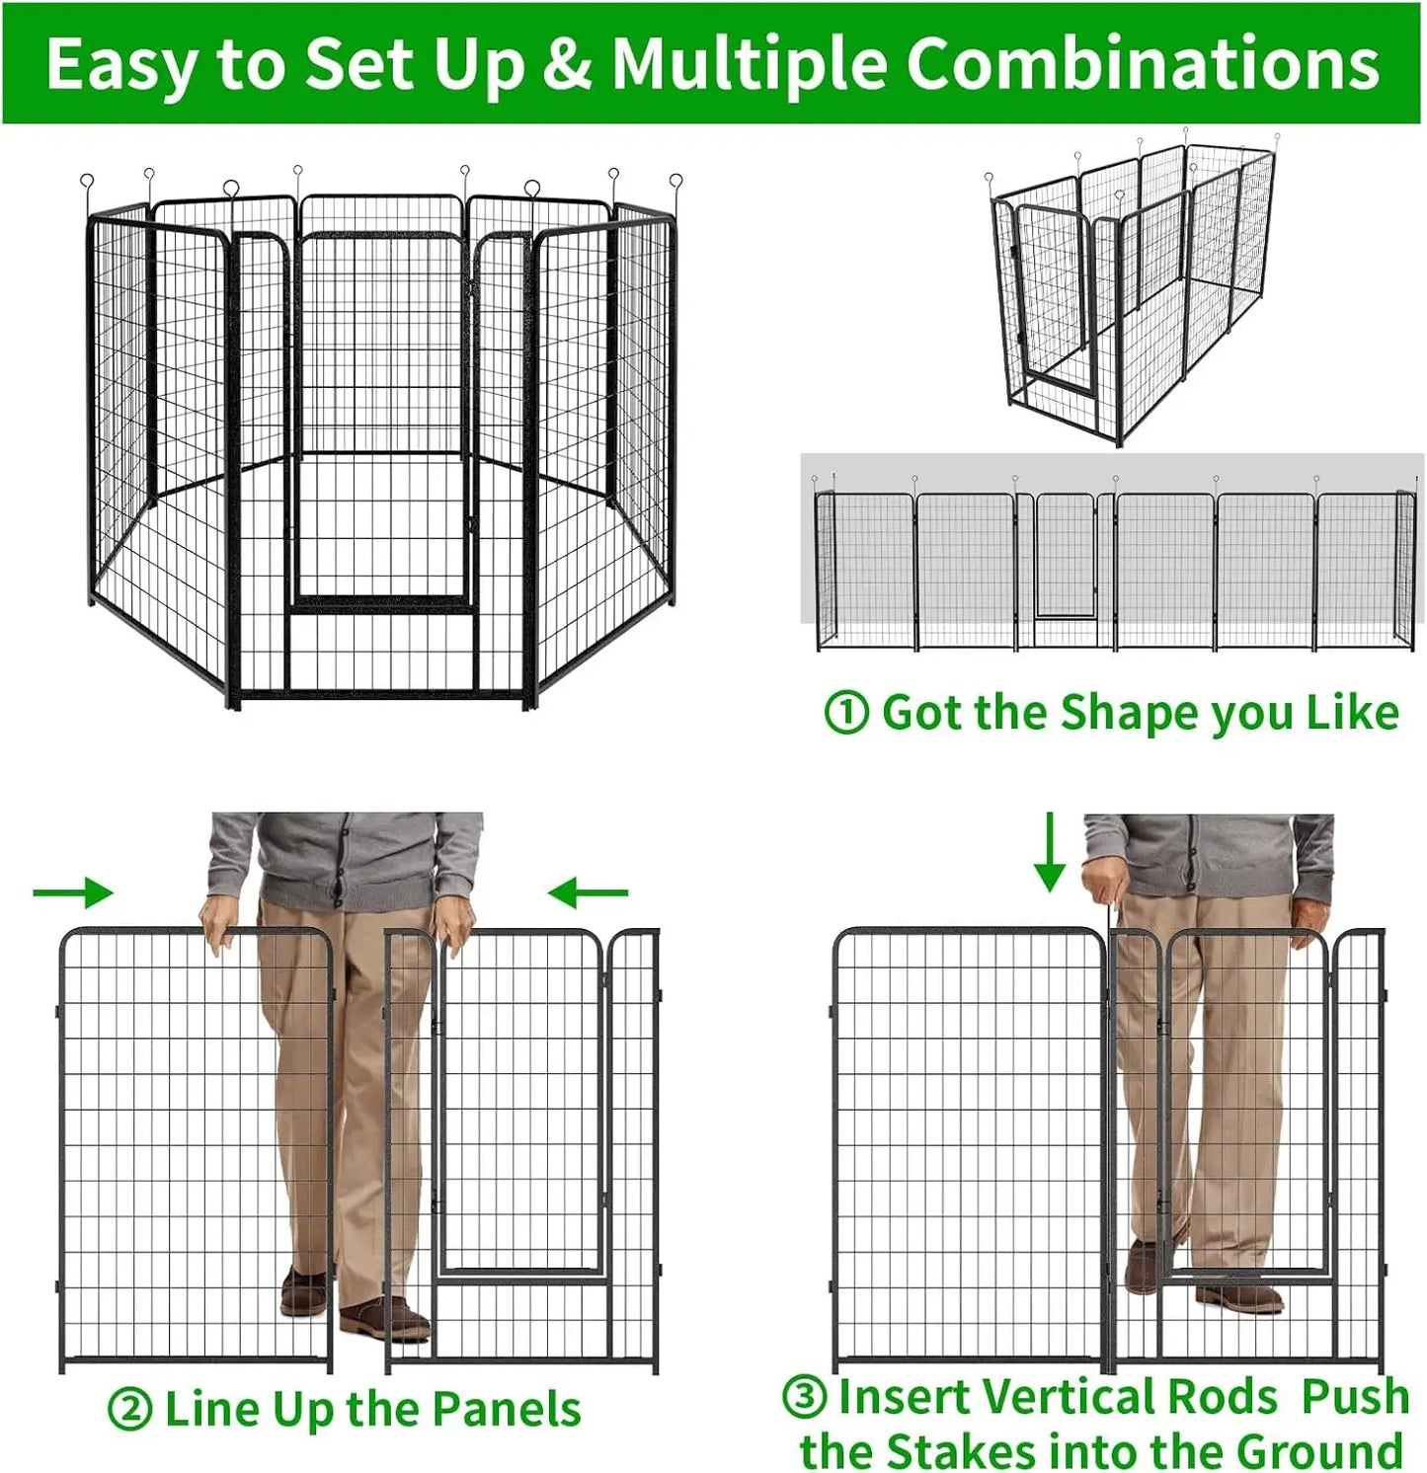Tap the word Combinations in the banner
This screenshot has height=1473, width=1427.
(x=1142, y=65)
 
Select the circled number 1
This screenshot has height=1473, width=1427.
(x=846, y=713)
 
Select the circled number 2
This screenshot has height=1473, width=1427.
(x=128, y=1410)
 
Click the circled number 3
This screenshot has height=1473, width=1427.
(x=805, y=1397)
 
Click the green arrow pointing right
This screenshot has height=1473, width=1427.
(x=74, y=892)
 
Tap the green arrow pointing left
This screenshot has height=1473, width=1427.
(x=588, y=893)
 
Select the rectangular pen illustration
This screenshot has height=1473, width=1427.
(x=1136, y=286)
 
